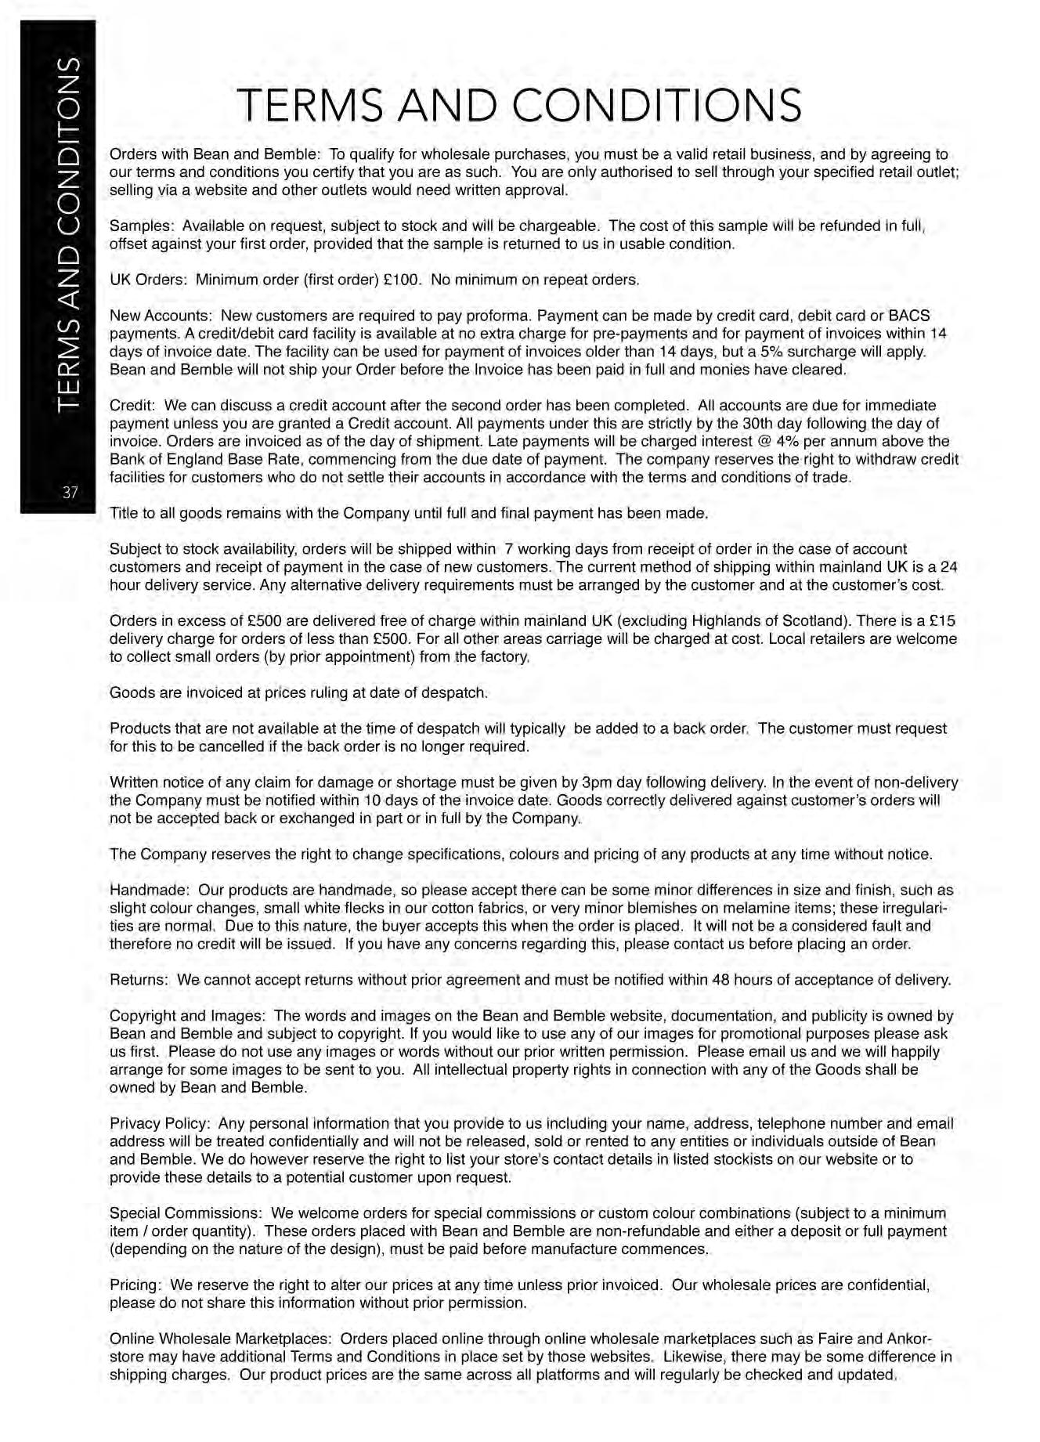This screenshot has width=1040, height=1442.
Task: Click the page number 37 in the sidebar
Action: pos(70,493)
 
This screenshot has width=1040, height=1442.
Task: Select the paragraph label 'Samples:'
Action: pos(141,226)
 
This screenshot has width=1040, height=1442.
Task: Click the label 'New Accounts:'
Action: pos(161,316)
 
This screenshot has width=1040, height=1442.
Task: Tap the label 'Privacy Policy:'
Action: pos(161,1124)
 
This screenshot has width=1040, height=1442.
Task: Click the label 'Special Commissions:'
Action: pos(186,1213)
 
